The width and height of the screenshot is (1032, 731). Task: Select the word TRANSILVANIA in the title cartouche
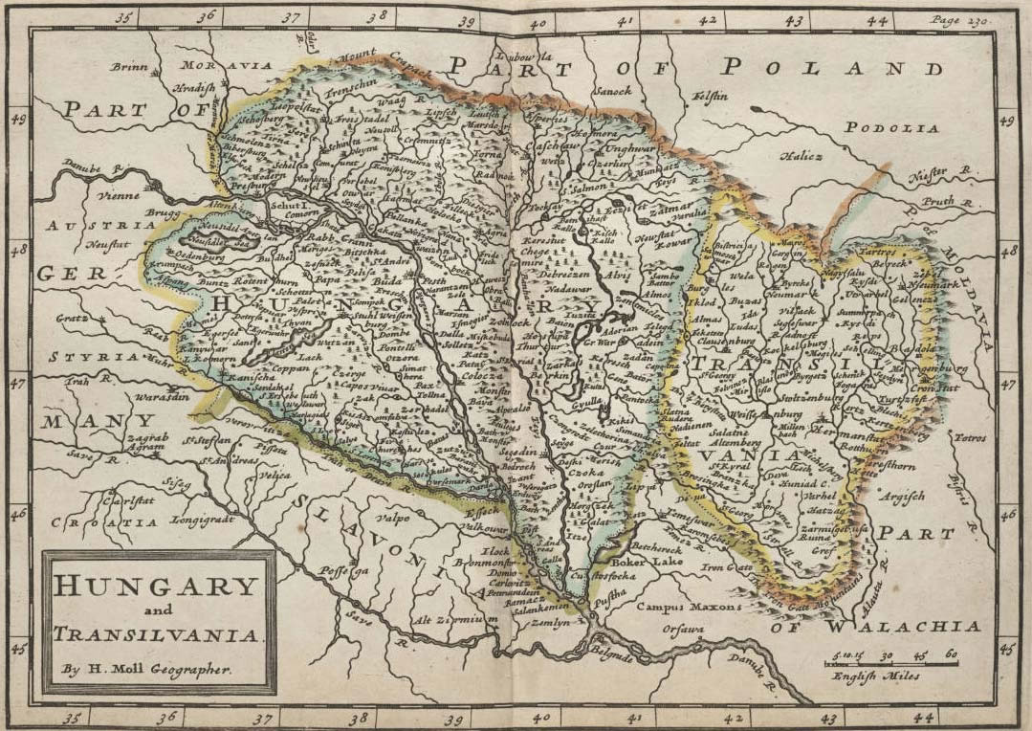(157, 634)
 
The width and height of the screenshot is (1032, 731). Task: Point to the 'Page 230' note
(958, 20)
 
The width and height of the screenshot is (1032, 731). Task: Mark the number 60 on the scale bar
(950, 656)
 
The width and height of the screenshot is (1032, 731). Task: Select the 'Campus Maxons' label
(689, 607)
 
